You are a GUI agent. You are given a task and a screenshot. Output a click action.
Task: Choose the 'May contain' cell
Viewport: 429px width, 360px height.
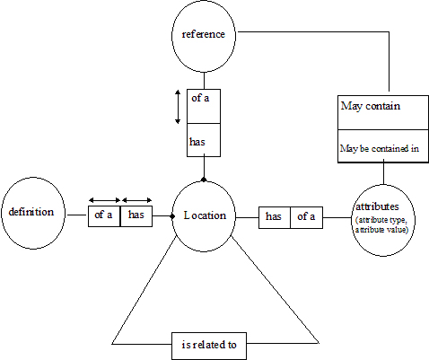(383, 112)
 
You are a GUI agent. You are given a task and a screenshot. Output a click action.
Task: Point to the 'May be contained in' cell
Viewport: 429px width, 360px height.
(383, 146)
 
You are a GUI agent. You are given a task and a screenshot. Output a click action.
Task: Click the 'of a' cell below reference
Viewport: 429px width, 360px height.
(204, 106)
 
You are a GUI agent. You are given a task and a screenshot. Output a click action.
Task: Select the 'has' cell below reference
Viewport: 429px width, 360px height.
(204, 140)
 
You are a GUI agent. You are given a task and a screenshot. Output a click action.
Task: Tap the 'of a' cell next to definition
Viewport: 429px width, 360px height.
(104, 216)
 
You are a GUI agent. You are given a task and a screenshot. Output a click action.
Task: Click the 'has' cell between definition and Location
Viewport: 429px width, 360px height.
(136, 216)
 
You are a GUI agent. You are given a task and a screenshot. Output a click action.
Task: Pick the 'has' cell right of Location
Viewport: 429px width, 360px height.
(275, 217)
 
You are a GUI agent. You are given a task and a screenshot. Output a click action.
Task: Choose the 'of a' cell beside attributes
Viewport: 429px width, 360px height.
(306, 217)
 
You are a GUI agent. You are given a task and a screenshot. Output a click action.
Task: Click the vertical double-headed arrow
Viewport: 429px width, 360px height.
(178, 107)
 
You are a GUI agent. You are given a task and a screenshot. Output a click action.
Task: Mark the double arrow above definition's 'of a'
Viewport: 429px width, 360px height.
(105, 200)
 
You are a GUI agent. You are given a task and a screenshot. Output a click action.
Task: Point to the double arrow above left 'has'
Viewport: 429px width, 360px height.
(137, 200)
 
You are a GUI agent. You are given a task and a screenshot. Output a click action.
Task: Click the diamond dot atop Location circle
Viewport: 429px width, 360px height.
(204, 180)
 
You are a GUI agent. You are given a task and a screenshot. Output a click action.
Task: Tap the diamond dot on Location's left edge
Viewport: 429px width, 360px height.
(172, 216)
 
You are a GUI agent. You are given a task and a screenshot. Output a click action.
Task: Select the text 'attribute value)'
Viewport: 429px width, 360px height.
(381, 230)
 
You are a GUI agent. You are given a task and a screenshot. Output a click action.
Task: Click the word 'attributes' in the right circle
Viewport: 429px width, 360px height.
(377, 206)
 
